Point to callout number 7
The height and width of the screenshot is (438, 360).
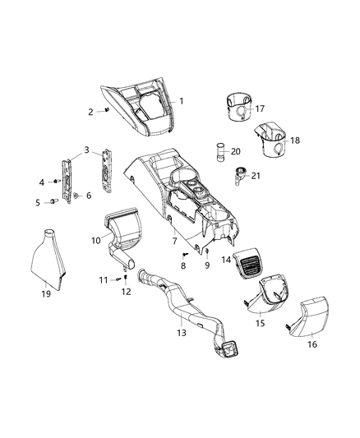tap(173, 241)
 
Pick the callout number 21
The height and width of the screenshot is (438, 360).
tap(256, 176)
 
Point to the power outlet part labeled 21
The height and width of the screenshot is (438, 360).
tap(240, 173)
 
